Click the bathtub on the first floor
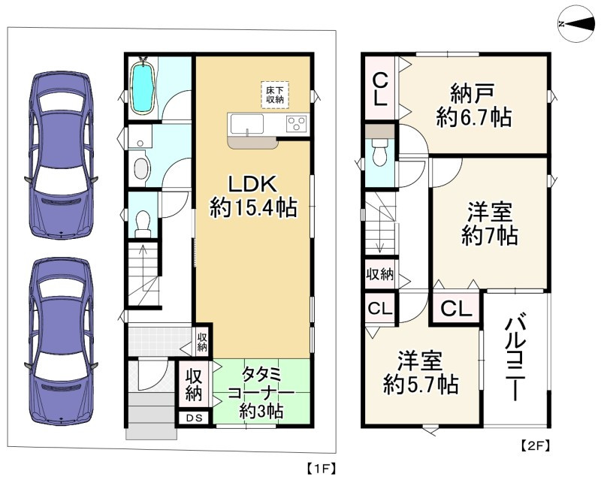143,86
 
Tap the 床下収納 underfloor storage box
275,95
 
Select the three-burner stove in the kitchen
296,123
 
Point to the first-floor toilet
143,225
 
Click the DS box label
195,418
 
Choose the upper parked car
61,155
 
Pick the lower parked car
61,341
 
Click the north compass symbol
578,24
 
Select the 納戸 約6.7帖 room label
474,104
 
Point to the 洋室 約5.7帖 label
421,373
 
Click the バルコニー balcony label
515,358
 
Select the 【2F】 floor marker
536,445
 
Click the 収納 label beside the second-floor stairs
379,273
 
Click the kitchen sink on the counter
246,124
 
